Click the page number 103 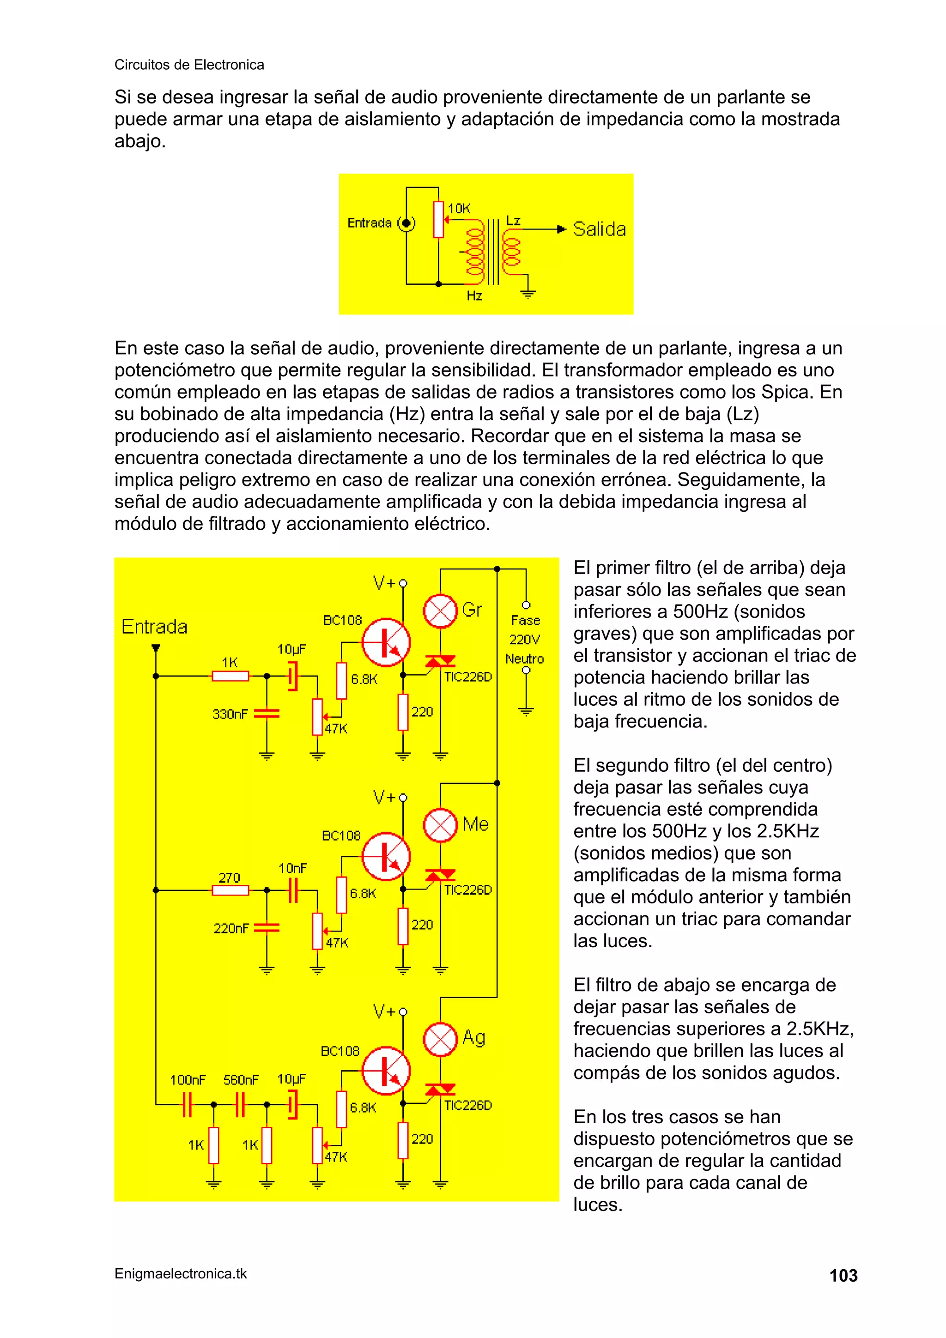click(843, 1276)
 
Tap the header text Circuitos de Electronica click(189, 65)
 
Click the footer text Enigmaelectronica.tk click(181, 1273)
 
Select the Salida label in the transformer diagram click(599, 229)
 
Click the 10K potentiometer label click(459, 208)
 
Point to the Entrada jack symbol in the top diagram click(406, 223)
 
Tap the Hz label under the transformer click(474, 296)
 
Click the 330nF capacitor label click(230, 714)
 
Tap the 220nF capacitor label click(231, 928)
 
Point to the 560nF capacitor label click(241, 1080)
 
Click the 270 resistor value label click(229, 878)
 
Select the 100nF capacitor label click(188, 1080)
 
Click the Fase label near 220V click(525, 620)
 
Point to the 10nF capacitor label click(292, 868)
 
